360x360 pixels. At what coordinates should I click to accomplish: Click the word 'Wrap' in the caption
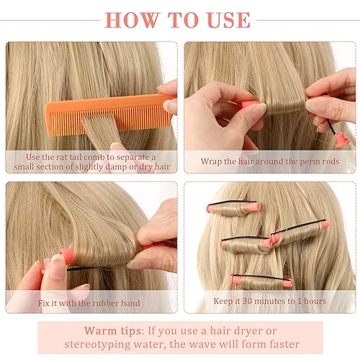click(x=212, y=161)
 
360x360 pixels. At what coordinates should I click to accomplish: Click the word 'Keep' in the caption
click(x=225, y=300)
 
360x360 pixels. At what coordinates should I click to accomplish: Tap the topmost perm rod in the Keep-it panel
click(x=234, y=209)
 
